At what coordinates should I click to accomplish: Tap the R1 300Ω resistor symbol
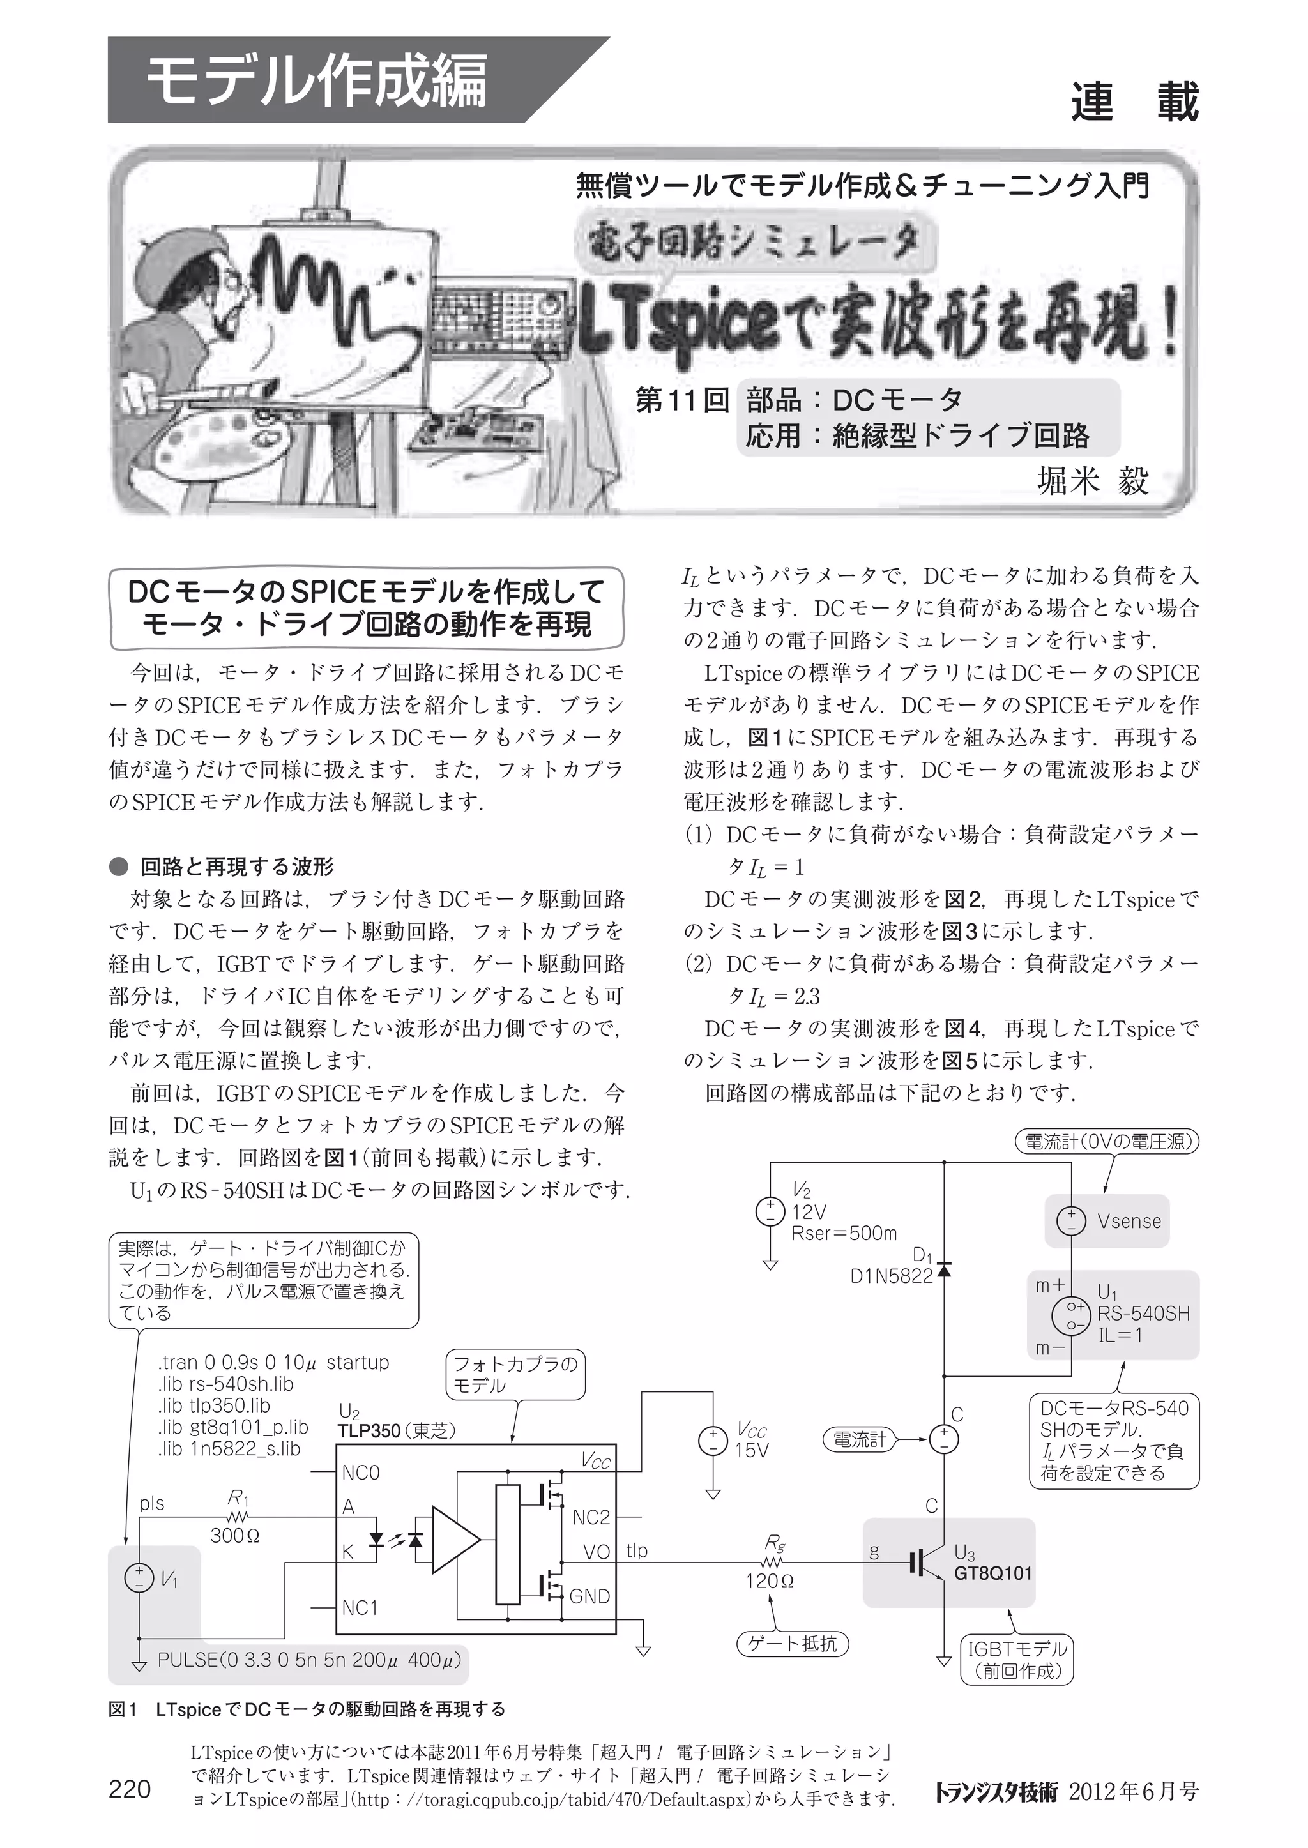(238, 1517)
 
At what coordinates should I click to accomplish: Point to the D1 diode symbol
(944, 1270)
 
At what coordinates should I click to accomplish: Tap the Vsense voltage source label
(1129, 1221)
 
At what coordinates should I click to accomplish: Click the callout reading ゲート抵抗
(793, 1644)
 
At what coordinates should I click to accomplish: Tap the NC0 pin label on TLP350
(360, 1473)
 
